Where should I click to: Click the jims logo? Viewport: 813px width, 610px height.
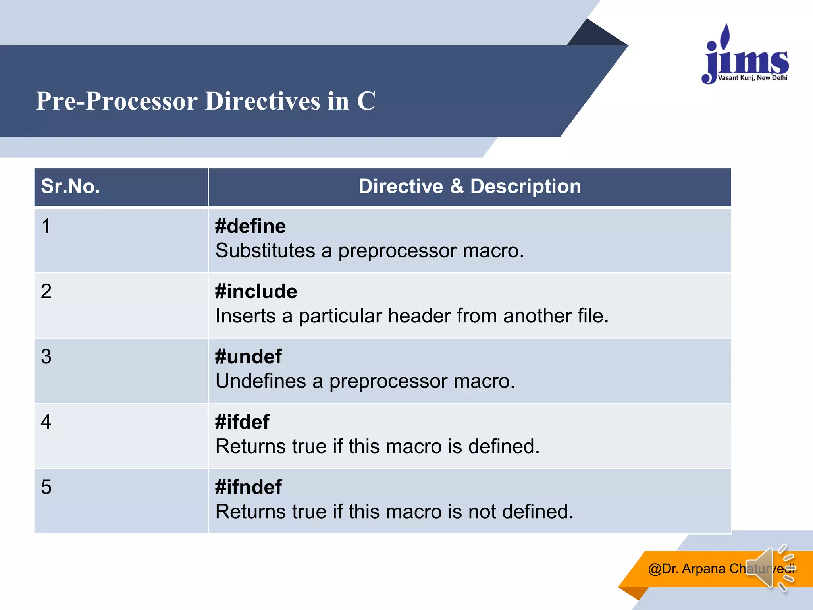746,56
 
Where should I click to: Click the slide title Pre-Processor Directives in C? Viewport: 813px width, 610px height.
205,101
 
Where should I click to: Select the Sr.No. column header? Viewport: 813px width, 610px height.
71,186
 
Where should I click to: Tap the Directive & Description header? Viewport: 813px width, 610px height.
470,186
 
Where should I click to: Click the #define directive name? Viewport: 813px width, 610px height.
250,226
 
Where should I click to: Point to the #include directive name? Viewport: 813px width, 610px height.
256,291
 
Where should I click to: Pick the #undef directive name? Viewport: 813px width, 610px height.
248,357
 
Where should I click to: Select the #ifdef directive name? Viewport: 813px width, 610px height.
242,422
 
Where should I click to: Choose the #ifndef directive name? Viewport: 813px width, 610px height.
248,487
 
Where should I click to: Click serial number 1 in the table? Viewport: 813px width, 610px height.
46,226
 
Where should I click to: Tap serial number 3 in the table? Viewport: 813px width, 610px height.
46,357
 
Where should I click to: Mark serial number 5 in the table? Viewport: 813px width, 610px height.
46,487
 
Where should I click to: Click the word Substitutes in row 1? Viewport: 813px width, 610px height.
265,251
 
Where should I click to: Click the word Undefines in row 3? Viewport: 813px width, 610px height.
260,381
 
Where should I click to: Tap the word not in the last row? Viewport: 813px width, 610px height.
482,512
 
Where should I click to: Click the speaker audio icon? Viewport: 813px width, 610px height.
769,568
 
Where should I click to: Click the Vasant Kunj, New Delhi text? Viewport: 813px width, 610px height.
753,78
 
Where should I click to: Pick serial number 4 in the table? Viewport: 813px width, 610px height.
46,422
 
